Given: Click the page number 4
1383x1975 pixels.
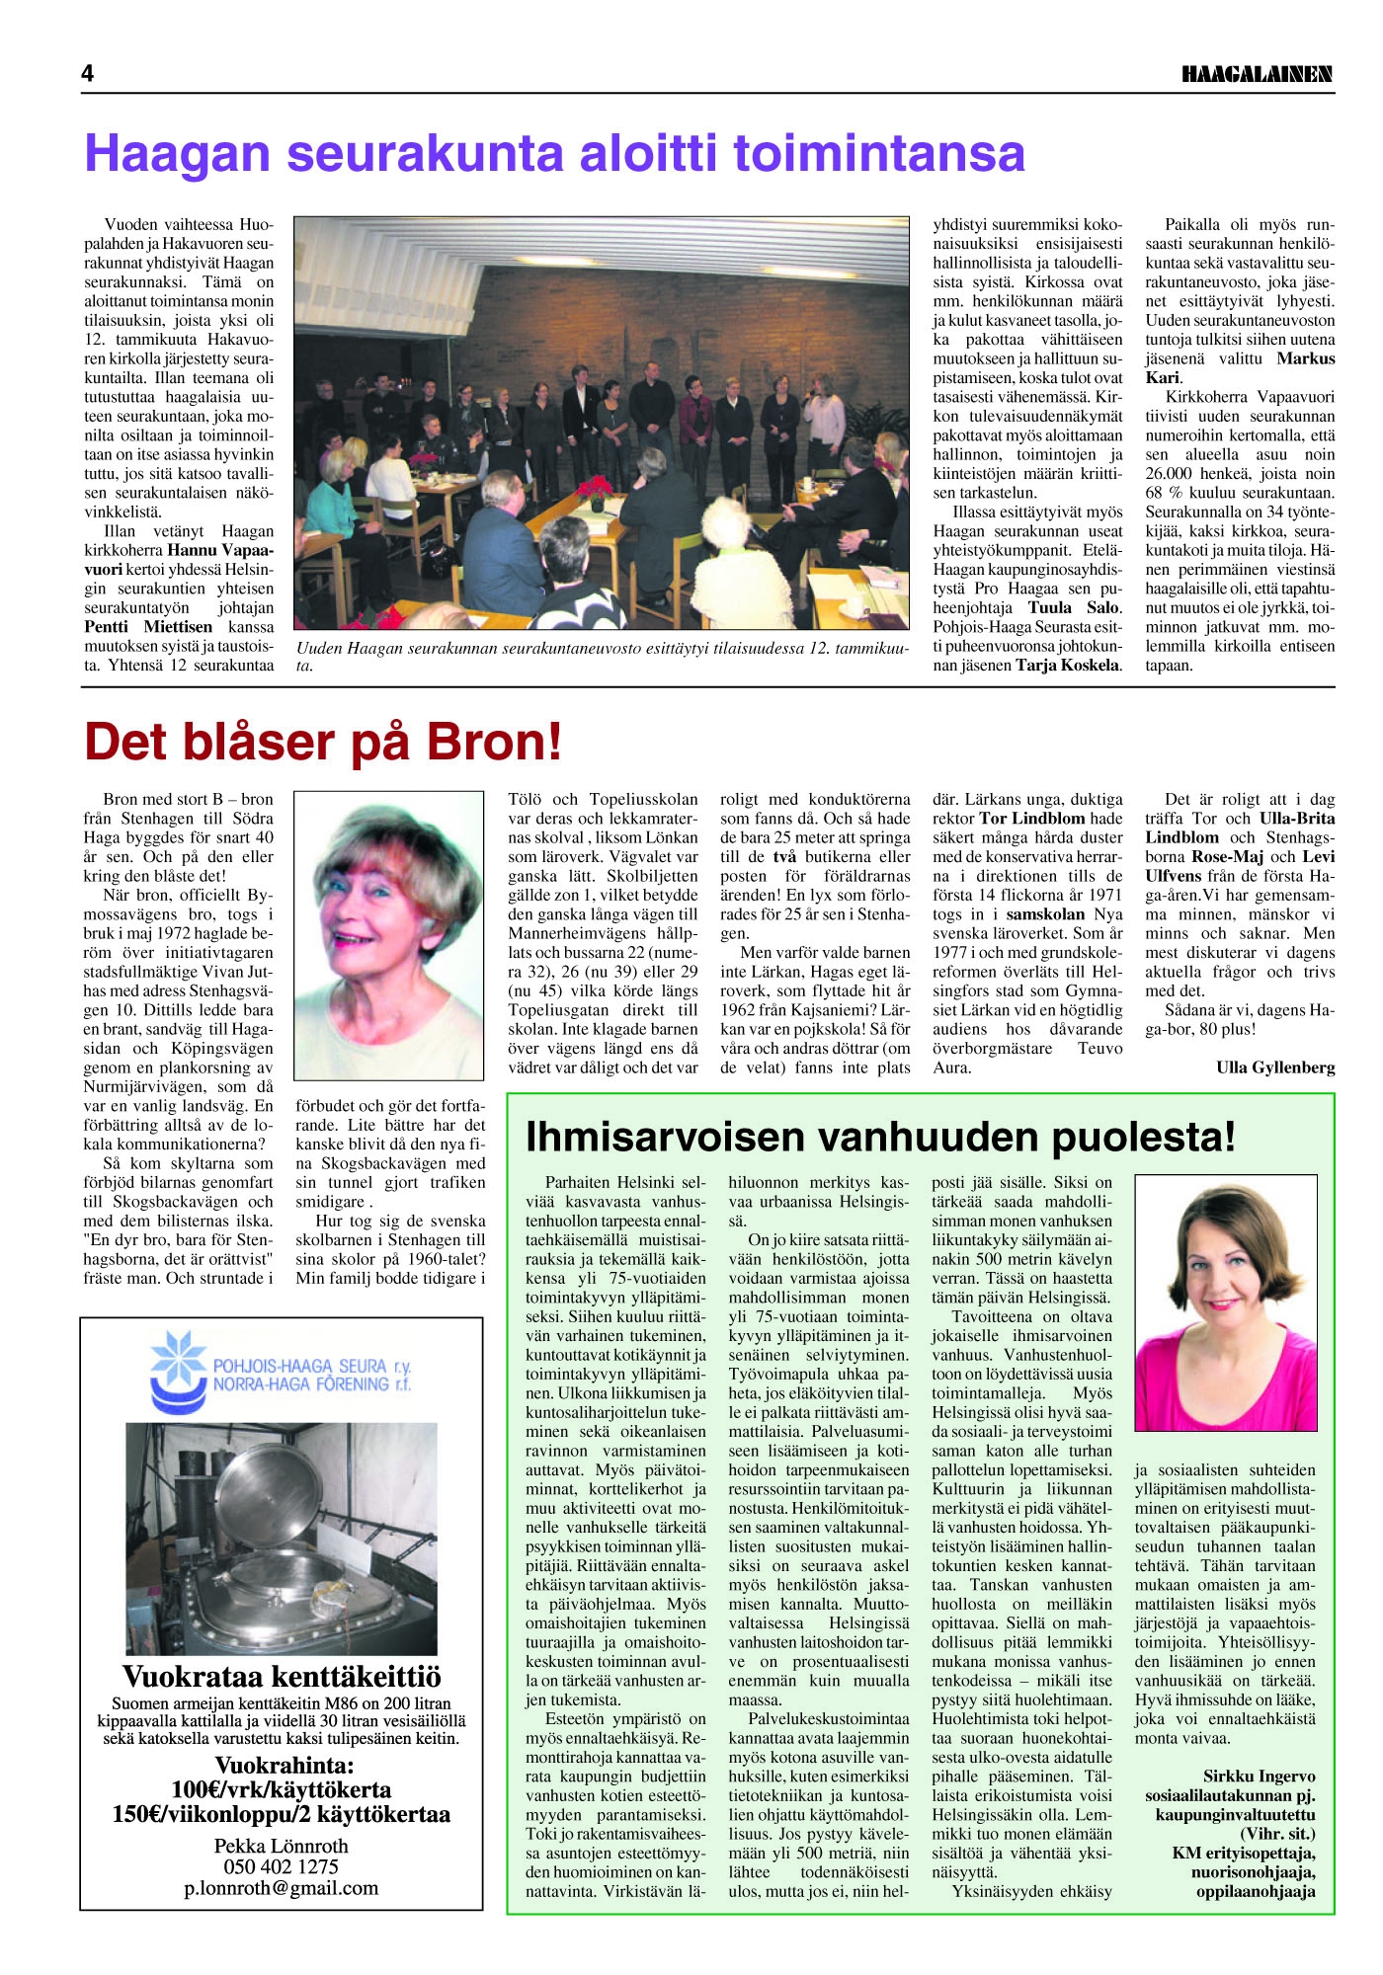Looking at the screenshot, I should [x=88, y=74].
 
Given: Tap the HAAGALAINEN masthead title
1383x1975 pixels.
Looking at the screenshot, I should [x=1257, y=74].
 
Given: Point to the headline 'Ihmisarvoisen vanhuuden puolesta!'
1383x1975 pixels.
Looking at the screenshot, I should [x=880, y=1137].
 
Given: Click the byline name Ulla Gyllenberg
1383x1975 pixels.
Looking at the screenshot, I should [x=1275, y=1066].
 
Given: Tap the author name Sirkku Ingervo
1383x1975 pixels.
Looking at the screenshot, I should [x=1259, y=1776].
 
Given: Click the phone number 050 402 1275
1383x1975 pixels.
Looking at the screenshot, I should [x=281, y=1866].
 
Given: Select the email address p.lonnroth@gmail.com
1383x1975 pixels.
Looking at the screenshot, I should [x=281, y=1888].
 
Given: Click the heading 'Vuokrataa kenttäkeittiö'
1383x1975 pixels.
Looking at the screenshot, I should [x=282, y=1677].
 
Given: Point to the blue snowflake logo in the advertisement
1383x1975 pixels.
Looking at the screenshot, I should [x=178, y=1360].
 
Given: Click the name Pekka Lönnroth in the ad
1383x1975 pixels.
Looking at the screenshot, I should [x=281, y=1845].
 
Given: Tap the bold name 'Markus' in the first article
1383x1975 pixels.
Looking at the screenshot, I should [x=1305, y=358].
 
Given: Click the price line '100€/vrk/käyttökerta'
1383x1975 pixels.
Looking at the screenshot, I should [x=281, y=1789].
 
